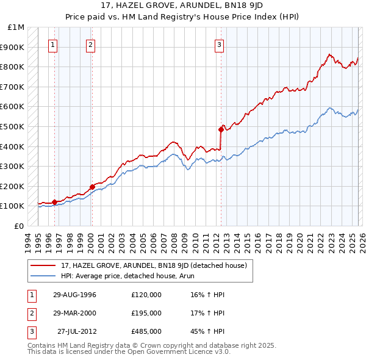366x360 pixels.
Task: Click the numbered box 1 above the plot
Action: (x=54, y=44)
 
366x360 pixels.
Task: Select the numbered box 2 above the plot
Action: (x=90, y=44)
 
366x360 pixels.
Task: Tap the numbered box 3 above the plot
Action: (x=218, y=44)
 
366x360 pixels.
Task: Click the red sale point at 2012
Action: (x=221, y=129)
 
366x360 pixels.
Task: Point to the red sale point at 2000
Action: (x=92, y=187)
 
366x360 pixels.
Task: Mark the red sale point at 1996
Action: (x=54, y=202)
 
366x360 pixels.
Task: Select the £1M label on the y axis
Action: (x=16, y=27)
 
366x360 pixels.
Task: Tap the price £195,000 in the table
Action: (x=146, y=313)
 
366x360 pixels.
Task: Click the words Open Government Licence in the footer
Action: (x=187, y=352)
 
